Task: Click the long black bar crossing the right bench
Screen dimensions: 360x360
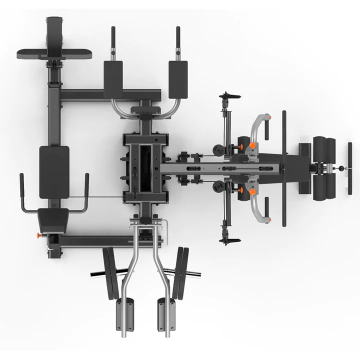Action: coord(284,167)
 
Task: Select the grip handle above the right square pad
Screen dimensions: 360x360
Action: coord(178,42)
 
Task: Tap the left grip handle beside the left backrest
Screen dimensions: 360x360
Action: coord(21,192)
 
